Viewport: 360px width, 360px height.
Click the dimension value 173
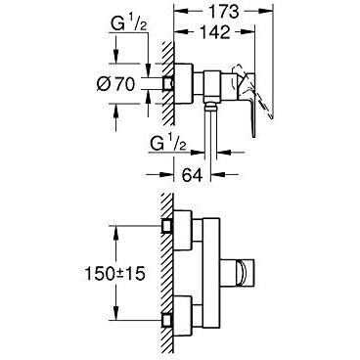[223, 12]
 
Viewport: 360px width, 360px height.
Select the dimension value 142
[214, 32]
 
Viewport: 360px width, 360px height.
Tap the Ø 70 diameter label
[115, 85]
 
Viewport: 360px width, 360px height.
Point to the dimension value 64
[192, 175]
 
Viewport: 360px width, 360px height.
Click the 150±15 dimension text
[114, 274]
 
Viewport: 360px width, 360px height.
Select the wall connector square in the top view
[168, 83]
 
